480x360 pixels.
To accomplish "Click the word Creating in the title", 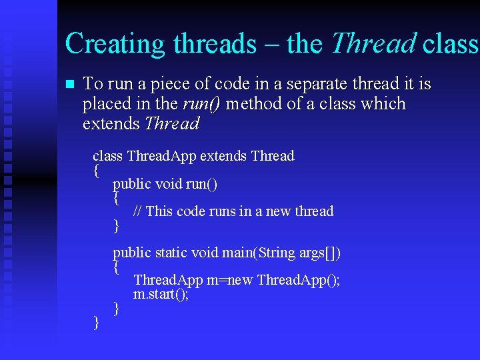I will coord(115,44).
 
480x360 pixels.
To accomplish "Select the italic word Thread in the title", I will coord(373,44).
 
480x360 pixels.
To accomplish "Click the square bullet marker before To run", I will coord(69,85).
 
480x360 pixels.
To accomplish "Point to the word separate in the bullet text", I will coord(312,84).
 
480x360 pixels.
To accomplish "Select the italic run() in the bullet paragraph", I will coord(204,104).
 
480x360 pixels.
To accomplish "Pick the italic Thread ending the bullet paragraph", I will coord(172,124).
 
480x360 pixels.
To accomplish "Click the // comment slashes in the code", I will coord(137,211).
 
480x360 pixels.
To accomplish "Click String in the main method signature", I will coord(276,253).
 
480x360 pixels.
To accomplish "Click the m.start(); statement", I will coord(161,294).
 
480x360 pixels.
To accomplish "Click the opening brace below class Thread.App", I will coord(97,171).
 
